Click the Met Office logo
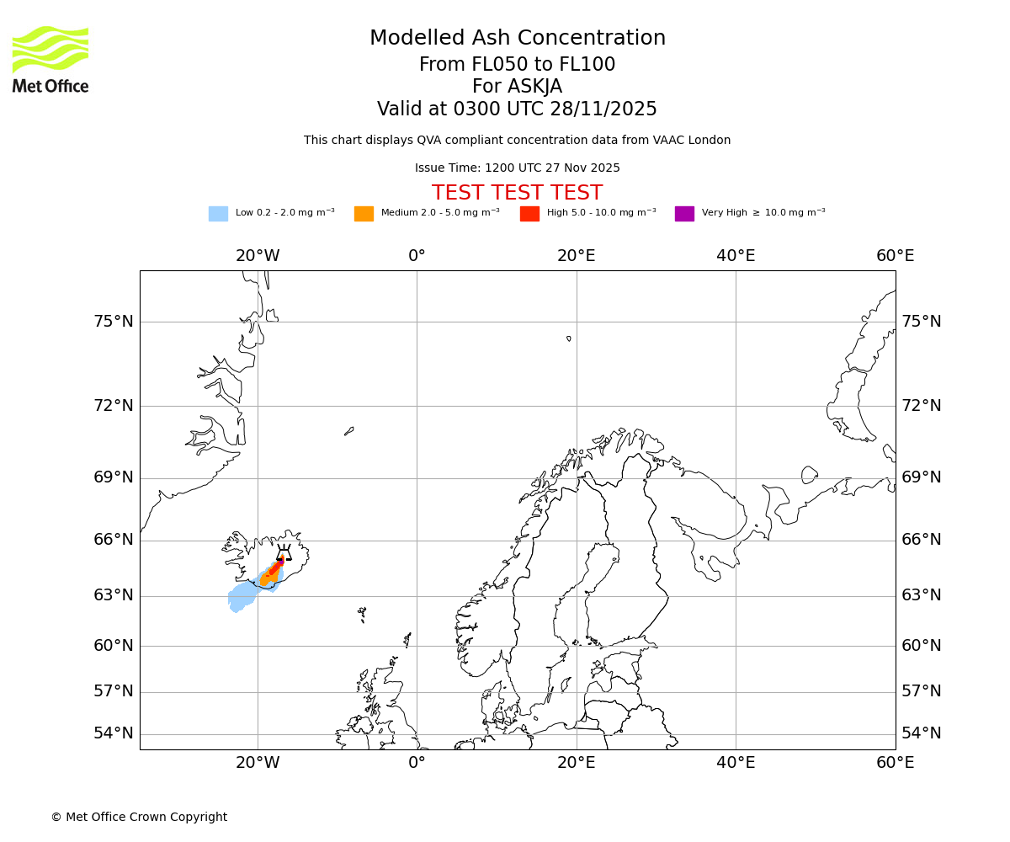[x=50, y=59]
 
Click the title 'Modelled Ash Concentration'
[x=517, y=39]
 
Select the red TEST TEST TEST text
[x=517, y=193]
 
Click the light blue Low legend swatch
[x=218, y=214]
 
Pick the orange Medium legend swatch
[x=364, y=214]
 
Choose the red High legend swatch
[x=529, y=214]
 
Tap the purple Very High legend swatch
[x=684, y=214]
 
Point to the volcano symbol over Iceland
[x=284, y=553]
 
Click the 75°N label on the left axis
[x=114, y=322]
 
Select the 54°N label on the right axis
[x=922, y=733]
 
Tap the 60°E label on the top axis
[x=895, y=256]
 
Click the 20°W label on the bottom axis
[x=258, y=763]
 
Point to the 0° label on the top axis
[x=417, y=256]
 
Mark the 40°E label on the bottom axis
[x=736, y=763]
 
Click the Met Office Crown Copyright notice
[x=139, y=817]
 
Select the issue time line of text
[x=517, y=168]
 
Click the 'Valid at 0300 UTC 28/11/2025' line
[x=517, y=109]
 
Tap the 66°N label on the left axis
[x=114, y=540]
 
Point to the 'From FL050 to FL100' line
[x=517, y=65]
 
